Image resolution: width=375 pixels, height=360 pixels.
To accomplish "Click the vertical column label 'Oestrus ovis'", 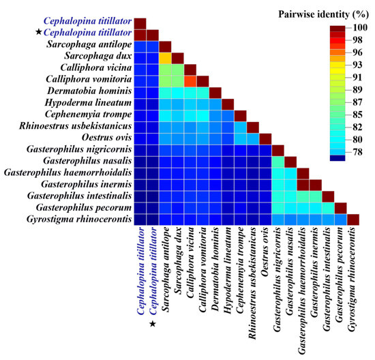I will coord(266,252).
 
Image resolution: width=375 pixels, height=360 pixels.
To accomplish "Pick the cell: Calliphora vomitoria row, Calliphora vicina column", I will coord(190,81).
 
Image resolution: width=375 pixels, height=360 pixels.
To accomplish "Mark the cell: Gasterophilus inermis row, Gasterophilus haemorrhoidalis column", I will coord(303,184).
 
